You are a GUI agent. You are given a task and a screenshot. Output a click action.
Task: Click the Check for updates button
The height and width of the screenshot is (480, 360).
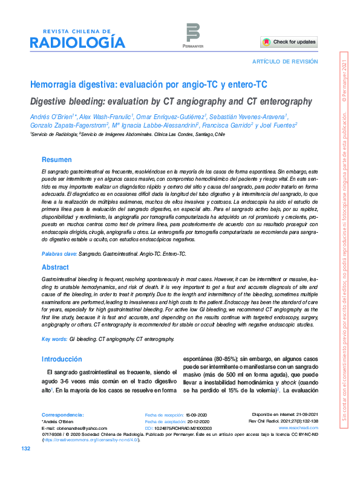click(289, 42)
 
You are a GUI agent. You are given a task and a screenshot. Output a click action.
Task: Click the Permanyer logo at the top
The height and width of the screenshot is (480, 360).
click(192, 34)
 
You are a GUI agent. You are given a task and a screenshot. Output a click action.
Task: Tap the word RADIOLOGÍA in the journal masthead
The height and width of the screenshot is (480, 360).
click(77, 43)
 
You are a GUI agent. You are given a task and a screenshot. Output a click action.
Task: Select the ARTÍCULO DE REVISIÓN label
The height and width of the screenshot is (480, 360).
click(284, 62)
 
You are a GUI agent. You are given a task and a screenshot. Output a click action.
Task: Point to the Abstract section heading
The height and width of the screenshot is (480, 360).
click(55, 267)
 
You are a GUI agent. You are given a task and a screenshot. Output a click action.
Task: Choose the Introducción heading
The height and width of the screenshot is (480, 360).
click(61, 358)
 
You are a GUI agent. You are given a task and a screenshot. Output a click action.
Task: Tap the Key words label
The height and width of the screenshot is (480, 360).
click(54, 340)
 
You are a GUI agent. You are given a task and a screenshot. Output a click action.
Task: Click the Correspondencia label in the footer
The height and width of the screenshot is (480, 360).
click(62, 415)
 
